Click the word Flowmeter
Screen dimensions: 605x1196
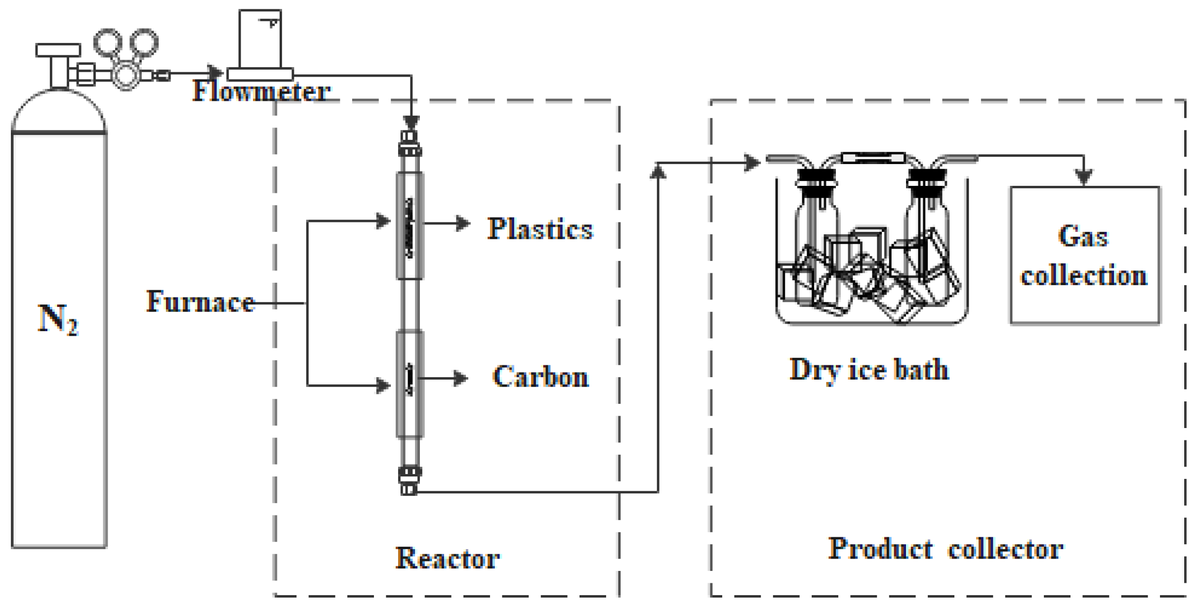click(x=261, y=91)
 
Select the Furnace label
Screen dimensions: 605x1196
click(x=200, y=302)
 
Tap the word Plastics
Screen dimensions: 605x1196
click(x=540, y=229)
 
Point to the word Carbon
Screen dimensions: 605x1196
click(x=540, y=377)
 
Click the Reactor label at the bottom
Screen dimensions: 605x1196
click(x=448, y=559)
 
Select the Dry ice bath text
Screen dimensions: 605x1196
click(x=869, y=370)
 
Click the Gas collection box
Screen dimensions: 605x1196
click(x=1084, y=256)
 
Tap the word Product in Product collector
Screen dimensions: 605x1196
click(x=880, y=549)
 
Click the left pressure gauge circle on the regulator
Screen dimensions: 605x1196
click(x=108, y=43)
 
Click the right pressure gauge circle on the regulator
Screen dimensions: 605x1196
click(x=144, y=43)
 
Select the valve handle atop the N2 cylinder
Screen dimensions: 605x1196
click(x=58, y=50)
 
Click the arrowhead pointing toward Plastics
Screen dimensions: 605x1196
click(x=463, y=223)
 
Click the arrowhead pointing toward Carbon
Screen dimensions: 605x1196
click(x=461, y=379)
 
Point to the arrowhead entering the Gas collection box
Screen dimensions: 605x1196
click(x=1084, y=176)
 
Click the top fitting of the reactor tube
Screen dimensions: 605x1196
click(x=410, y=143)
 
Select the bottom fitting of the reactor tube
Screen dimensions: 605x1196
click(x=410, y=480)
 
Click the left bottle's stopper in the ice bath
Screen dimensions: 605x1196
click(x=816, y=178)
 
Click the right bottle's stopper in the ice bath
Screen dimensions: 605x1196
click(x=927, y=178)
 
